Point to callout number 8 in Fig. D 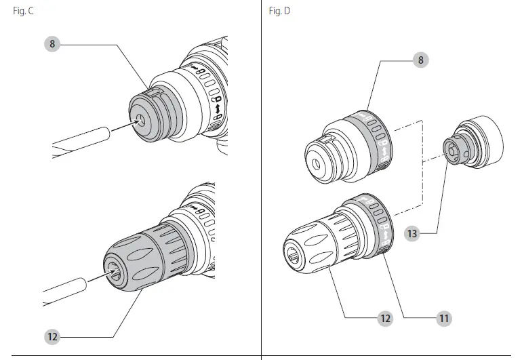click(421, 60)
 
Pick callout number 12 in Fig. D click(385, 317)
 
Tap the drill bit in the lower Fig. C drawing click(68, 290)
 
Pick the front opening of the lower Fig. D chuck click(294, 253)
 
